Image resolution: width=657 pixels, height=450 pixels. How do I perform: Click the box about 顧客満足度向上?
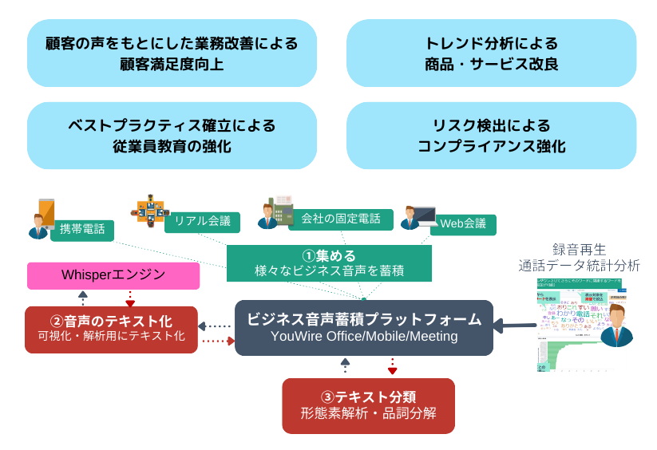[x=172, y=53]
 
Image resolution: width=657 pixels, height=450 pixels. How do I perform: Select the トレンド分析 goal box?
[x=491, y=53]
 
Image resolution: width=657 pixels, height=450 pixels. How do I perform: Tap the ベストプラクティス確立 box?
[x=172, y=136]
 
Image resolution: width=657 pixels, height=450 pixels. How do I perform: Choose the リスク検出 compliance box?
[x=491, y=136]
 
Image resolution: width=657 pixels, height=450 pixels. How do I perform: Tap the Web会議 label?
[x=463, y=223]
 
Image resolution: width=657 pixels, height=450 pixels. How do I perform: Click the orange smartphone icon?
[x=46, y=211]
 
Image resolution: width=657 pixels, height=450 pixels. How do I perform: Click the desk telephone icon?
[x=281, y=208]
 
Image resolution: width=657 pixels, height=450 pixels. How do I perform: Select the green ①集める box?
[x=329, y=263]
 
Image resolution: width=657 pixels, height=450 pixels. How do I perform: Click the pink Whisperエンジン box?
[x=113, y=275]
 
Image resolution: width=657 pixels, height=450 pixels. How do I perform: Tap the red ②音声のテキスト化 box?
[x=111, y=329]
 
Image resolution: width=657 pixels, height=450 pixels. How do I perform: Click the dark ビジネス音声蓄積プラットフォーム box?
[x=363, y=327]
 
